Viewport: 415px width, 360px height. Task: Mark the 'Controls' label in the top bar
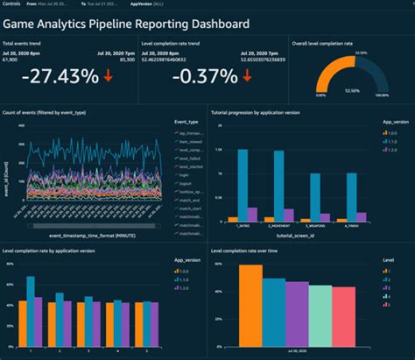pyautogui.click(x=12, y=4)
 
